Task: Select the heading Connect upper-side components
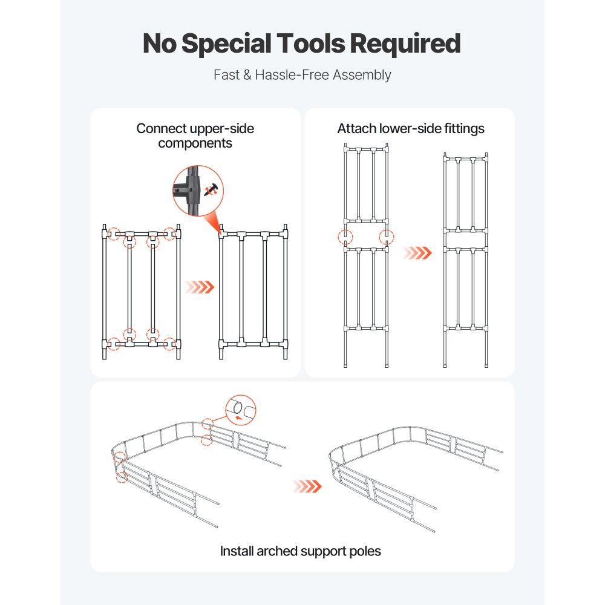[x=195, y=136]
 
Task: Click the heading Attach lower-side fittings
[x=411, y=128]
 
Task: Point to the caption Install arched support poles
[x=301, y=551]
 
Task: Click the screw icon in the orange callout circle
[x=211, y=191]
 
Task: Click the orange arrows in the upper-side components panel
[x=200, y=287]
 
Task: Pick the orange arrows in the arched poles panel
[x=307, y=486]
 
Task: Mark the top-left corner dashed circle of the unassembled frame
[x=110, y=234]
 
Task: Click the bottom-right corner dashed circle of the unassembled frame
[x=171, y=344]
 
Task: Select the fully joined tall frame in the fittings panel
[x=466, y=260]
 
